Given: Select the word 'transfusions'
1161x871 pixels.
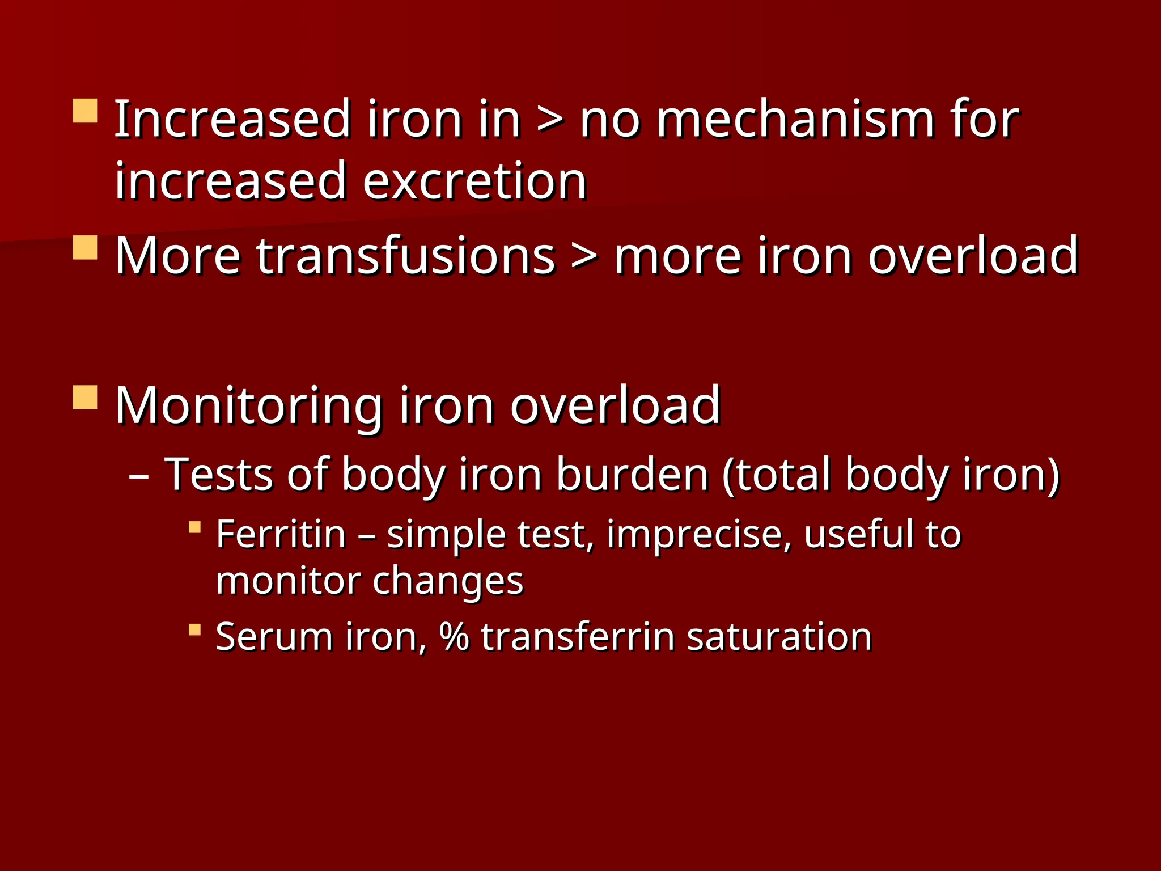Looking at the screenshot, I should pos(335,256).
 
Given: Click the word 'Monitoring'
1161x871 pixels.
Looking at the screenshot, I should pos(248,406).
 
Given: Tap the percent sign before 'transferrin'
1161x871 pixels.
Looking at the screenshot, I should pos(454,637).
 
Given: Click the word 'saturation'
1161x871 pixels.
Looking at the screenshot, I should pos(779,637).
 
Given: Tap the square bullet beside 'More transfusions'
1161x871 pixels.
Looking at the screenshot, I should pos(85,248).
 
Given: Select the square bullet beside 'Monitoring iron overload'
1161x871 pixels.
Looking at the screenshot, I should pos(85,398).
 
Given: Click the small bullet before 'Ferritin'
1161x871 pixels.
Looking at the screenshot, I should pos(194,527).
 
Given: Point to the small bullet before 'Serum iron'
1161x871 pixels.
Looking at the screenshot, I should pos(194,629).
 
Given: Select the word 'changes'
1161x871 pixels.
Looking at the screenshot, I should pos(448,582).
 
